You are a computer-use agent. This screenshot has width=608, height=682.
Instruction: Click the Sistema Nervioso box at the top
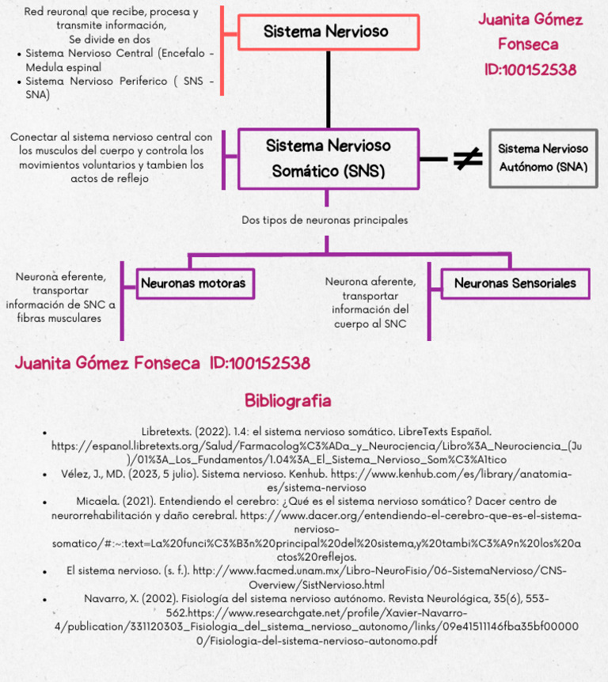pos(326,32)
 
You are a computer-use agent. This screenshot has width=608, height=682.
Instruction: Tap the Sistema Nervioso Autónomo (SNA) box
pos(542,158)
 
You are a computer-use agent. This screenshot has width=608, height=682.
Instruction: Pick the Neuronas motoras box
pos(193,283)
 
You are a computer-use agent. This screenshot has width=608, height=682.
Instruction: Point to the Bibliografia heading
pos(287,400)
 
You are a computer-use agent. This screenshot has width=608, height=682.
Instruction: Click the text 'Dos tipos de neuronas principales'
pos(325,220)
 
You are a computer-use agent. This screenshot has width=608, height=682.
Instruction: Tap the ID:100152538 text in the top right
pos(530,70)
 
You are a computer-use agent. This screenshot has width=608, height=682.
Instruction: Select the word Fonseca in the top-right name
pos(528,44)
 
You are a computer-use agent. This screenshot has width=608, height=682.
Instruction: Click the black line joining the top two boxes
pos(328,89)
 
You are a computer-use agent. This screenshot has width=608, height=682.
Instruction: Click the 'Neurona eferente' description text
pos(60,297)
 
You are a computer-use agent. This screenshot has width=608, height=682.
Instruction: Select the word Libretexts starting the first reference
pos(168,432)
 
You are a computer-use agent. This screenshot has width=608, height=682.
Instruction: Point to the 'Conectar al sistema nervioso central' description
pos(112,157)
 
